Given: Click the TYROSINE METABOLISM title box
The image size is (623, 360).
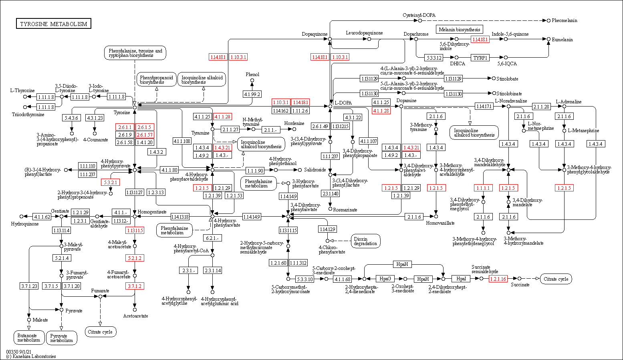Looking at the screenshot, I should pos(54,24).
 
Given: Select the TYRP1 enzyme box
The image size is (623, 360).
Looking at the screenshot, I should pos(480,58).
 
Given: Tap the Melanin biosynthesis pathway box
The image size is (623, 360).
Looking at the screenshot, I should pos(459,29).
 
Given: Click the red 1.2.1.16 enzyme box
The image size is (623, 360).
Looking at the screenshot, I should pos(498,279).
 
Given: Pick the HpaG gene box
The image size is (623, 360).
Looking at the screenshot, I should pos(385,279).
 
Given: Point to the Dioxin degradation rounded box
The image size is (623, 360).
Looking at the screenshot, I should pos(365,241).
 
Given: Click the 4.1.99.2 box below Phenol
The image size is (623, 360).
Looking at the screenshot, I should pos(252,94).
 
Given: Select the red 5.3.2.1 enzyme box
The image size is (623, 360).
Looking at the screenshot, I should pos(111,182).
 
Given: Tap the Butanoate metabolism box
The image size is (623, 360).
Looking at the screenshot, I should pos(28,338).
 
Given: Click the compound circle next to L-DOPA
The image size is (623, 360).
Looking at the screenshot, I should pos(330,106).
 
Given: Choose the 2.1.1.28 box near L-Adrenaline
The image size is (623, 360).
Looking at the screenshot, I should pos(541,107).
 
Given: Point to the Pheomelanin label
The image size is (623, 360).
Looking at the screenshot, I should pos(564,20).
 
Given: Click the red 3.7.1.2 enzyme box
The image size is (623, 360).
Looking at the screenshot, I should pos(135,286).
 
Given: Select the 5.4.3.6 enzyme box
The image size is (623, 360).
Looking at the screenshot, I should pos(72,118).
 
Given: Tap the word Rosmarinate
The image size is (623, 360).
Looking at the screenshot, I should pos(345,209).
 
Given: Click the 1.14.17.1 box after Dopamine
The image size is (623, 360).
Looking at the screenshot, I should pos(484,107).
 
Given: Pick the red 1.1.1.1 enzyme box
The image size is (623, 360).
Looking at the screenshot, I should pos(483,188).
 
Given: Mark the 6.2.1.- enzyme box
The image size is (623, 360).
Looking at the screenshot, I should pos(212,238).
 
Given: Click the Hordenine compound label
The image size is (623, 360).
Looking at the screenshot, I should pos(294,123).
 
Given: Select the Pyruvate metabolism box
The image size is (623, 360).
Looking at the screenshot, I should pos(62,338).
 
